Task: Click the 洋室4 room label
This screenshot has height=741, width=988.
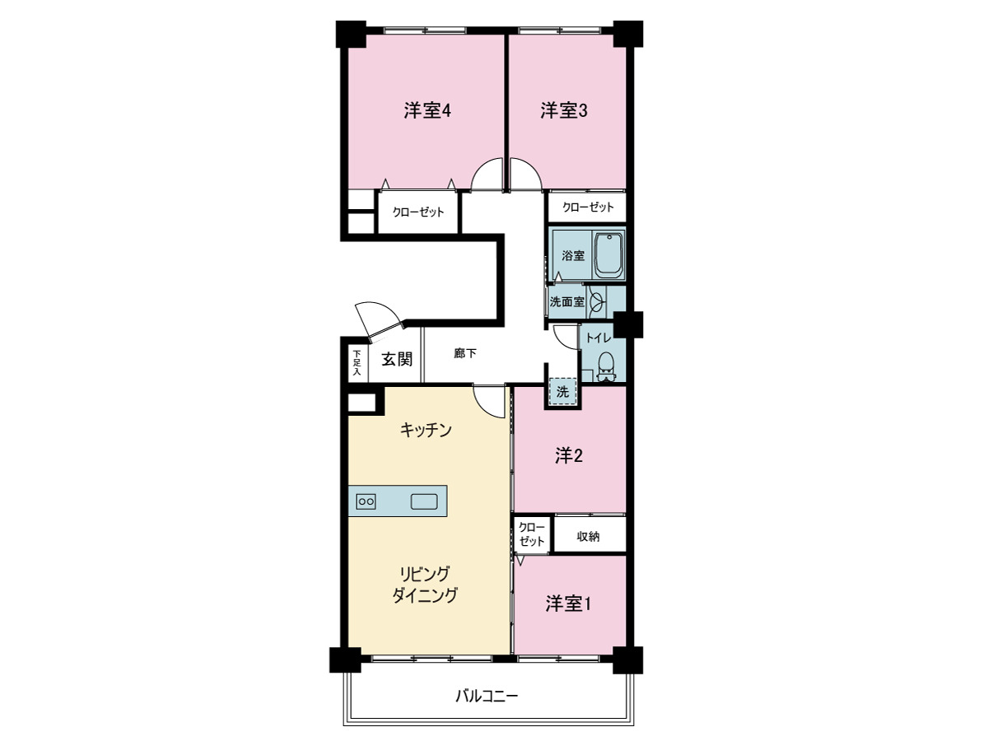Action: coord(426,110)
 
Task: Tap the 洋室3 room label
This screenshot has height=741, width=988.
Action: coord(563,110)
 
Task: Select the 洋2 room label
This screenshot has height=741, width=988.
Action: coord(568,456)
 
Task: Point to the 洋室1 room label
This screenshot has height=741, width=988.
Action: coord(568,604)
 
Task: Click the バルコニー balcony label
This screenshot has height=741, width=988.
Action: coord(487,697)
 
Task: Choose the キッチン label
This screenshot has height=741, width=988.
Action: coord(426,430)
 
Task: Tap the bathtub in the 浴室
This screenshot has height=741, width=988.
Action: coord(609,255)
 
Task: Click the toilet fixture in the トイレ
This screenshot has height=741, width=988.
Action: coord(606,366)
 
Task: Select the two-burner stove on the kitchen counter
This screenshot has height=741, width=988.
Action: coord(366,501)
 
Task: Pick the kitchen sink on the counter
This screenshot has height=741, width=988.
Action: coord(424,501)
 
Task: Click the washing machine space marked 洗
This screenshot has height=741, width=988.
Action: coord(562,391)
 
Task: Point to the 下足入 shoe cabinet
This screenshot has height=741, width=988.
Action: coord(357,363)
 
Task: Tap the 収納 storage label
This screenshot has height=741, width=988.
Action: coord(588,536)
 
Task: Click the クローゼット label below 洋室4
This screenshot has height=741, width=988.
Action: coord(418,212)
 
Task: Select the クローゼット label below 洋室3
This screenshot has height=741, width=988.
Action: coord(588,207)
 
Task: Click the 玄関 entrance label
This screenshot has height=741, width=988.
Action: coord(397,360)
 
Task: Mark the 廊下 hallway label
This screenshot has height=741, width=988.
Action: coord(464,353)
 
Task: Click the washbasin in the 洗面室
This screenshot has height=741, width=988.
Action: coord(595,302)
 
